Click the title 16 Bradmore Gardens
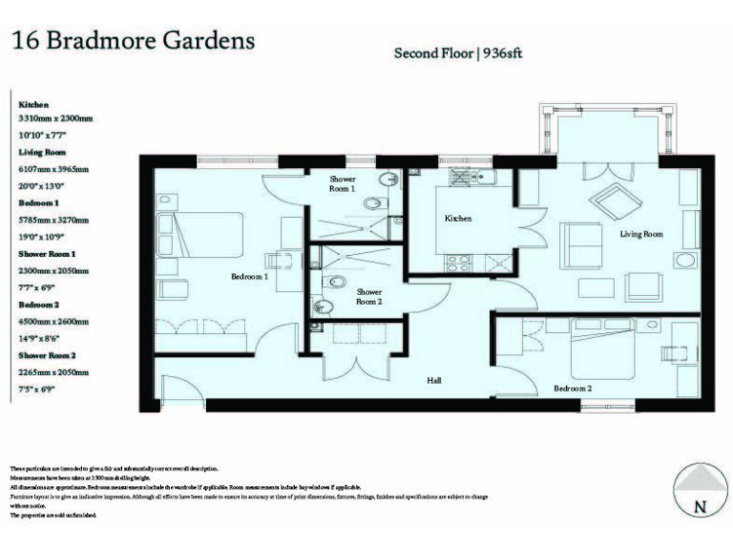(x=133, y=41)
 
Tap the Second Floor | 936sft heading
(x=458, y=53)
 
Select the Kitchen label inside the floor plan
(x=458, y=219)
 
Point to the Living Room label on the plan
(x=641, y=233)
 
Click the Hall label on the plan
(x=434, y=381)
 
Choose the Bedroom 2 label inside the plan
(x=574, y=389)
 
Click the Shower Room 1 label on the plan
(x=343, y=184)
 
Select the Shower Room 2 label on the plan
(x=368, y=297)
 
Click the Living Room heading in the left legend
(x=41, y=152)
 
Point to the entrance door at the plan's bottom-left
(x=177, y=391)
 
